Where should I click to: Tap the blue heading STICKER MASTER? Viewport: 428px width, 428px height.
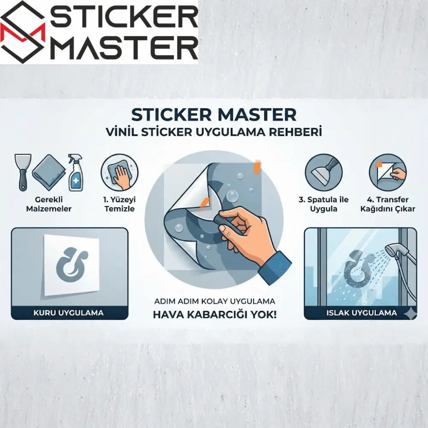pyautogui.click(x=214, y=115)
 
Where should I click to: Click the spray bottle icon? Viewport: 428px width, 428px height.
pyautogui.click(x=75, y=173)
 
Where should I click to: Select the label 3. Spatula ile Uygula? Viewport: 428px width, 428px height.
pyautogui.click(x=324, y=204)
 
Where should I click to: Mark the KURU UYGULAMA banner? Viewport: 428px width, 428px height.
pyautogui.click(x=68, y=312)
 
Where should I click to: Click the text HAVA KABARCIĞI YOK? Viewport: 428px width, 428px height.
pyautogui.click(x=214, y=315)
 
